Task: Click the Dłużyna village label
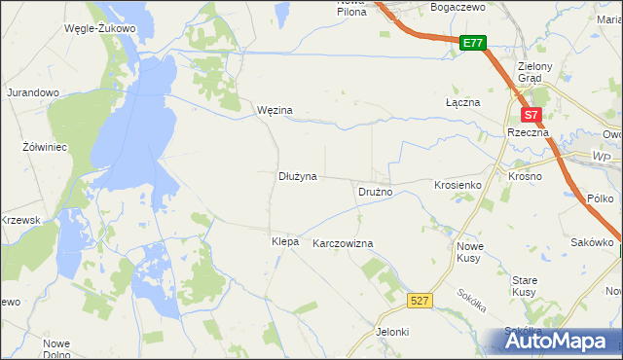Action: (299, 177)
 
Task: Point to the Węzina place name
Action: (275, 111)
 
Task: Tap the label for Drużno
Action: (375, 192)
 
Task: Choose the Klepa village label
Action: (285, 239)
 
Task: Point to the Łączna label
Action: (460, 102)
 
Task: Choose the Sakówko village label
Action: (592, 241)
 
